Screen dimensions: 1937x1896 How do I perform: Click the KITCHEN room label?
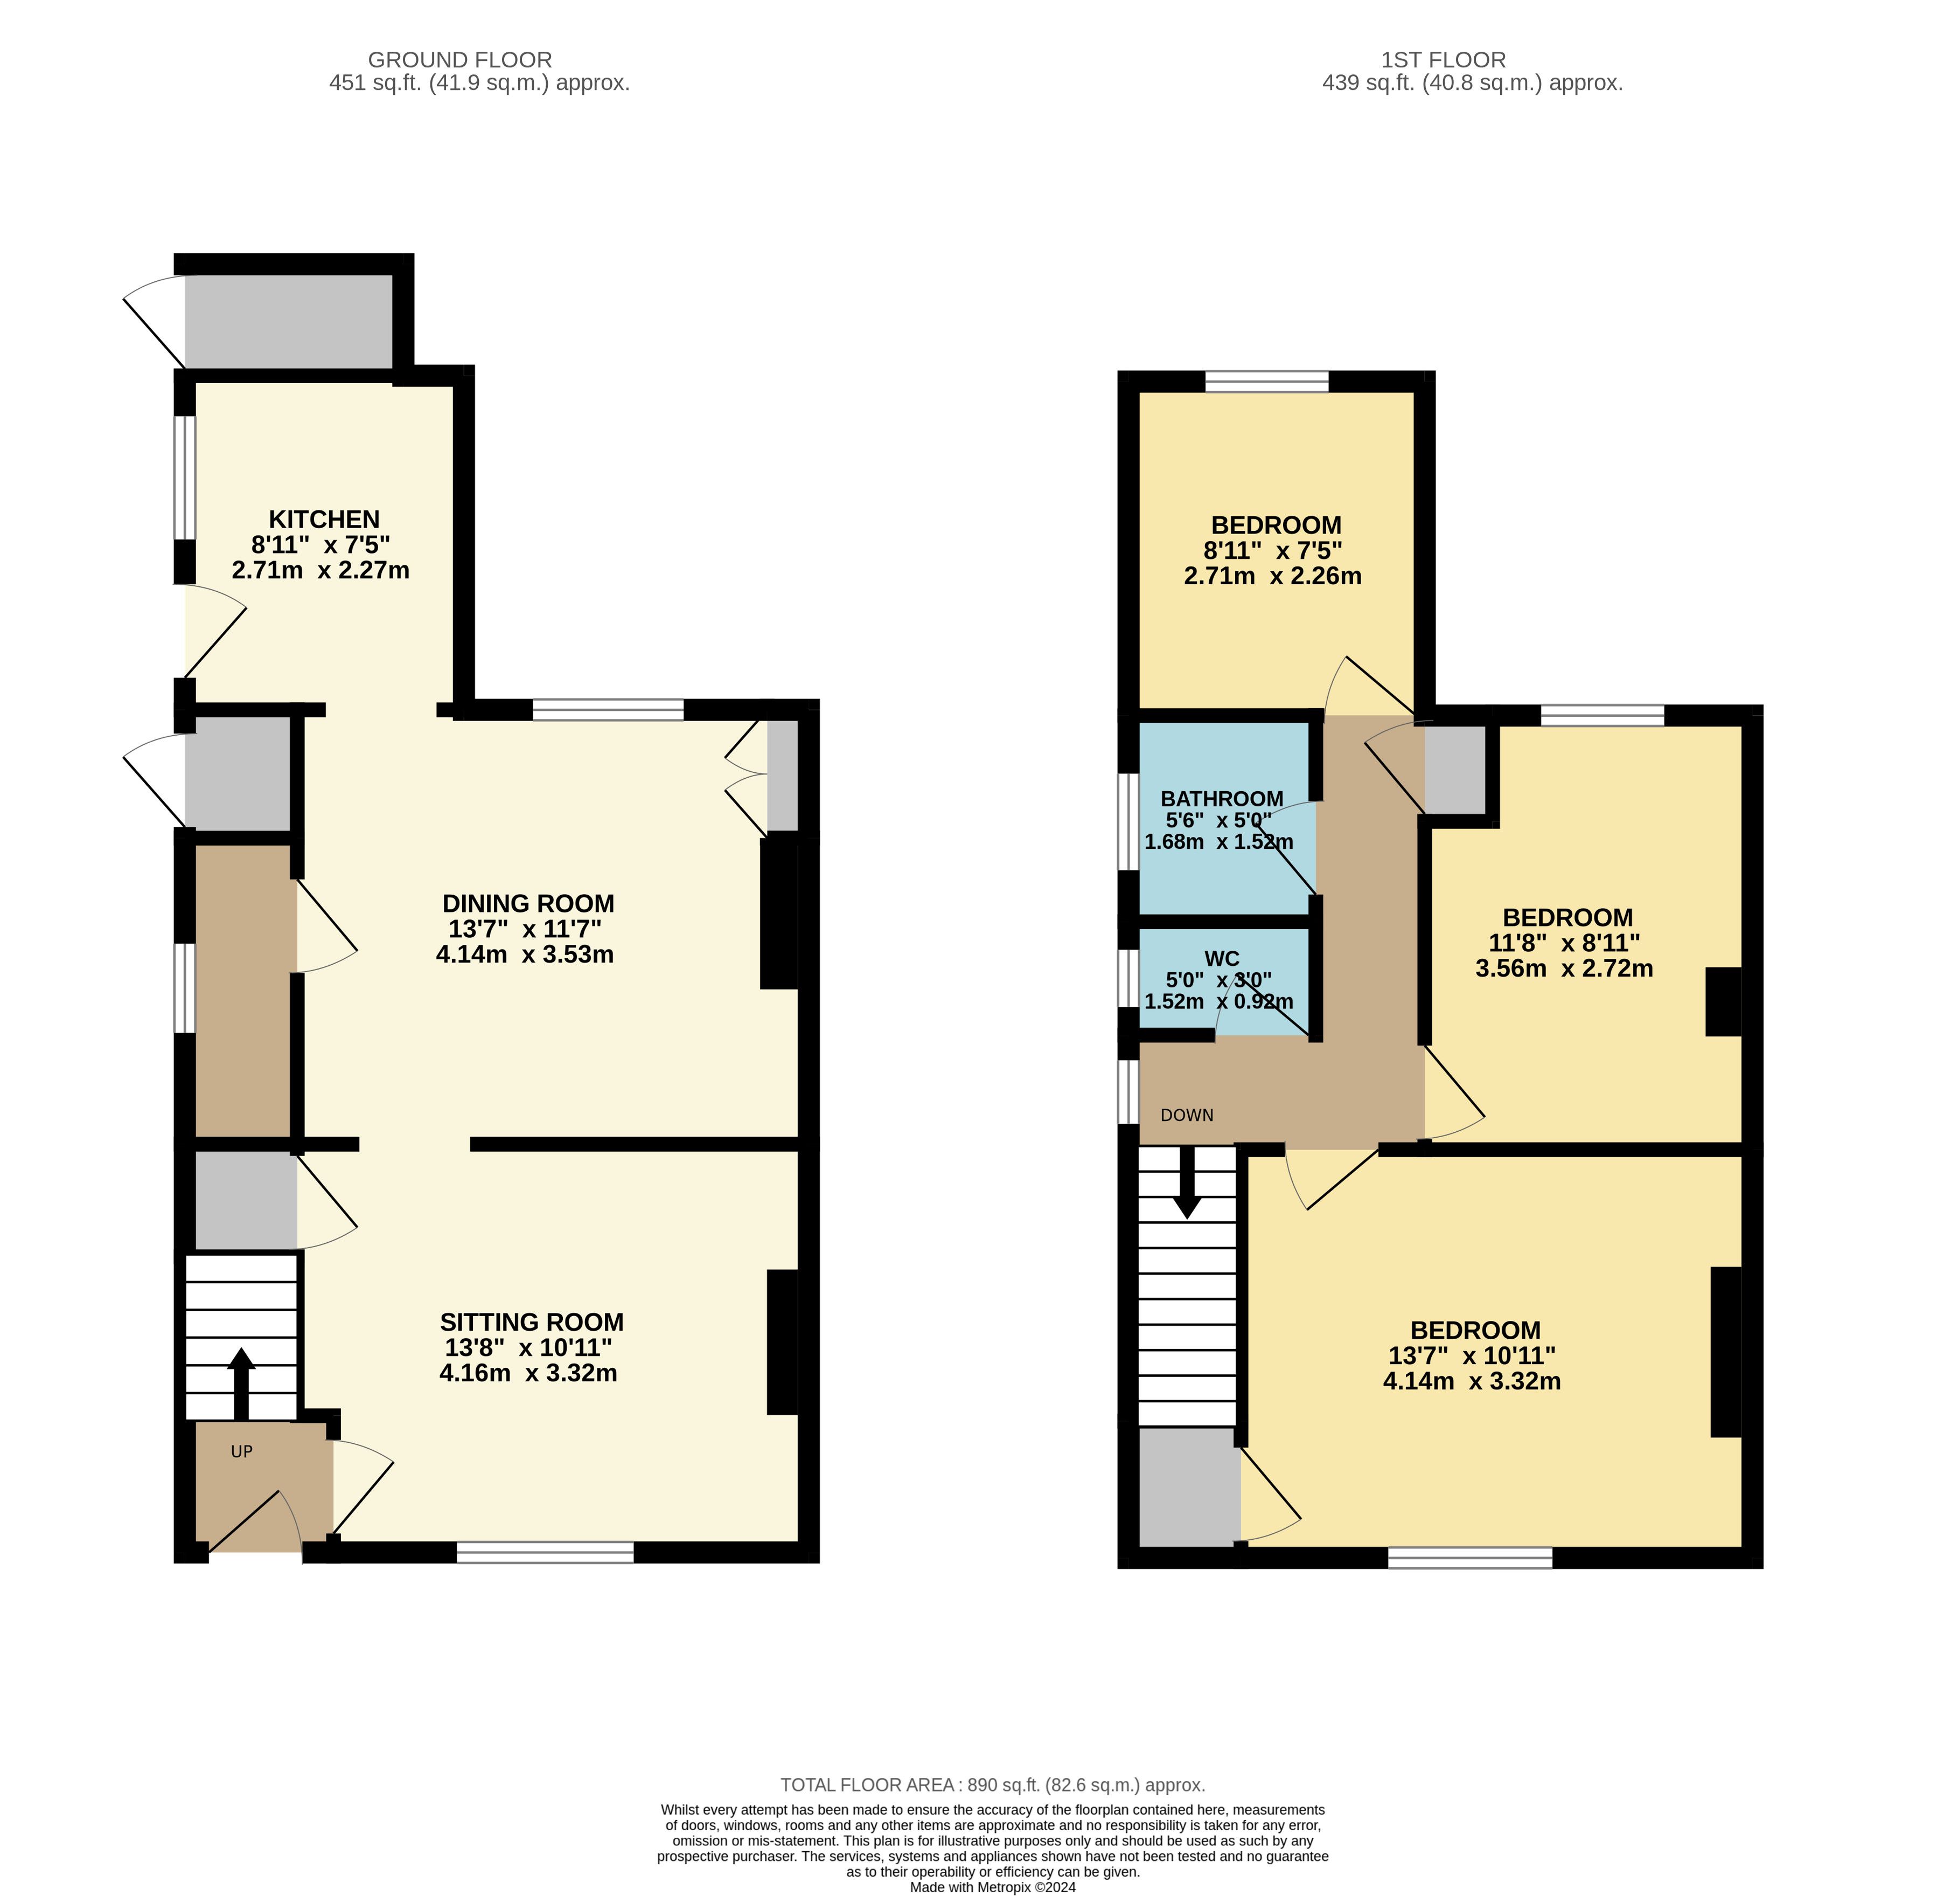coord(324,519)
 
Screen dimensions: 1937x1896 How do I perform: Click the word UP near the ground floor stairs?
coord(242,1452)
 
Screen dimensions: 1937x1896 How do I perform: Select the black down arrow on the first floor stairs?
coord(1187,1182)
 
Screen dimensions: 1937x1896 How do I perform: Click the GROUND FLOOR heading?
coord(460,60)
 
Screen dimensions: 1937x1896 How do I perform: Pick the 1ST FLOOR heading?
coord(1443,60)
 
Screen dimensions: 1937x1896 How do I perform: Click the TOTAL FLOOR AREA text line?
coord(992,1786)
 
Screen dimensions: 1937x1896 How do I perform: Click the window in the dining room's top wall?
coord(608,710)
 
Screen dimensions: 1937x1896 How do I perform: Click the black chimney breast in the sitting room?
coord(782,1341)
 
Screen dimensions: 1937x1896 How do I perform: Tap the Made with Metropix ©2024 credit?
coord(992,1887)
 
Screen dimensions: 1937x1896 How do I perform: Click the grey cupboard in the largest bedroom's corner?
coord(1189,1487)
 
